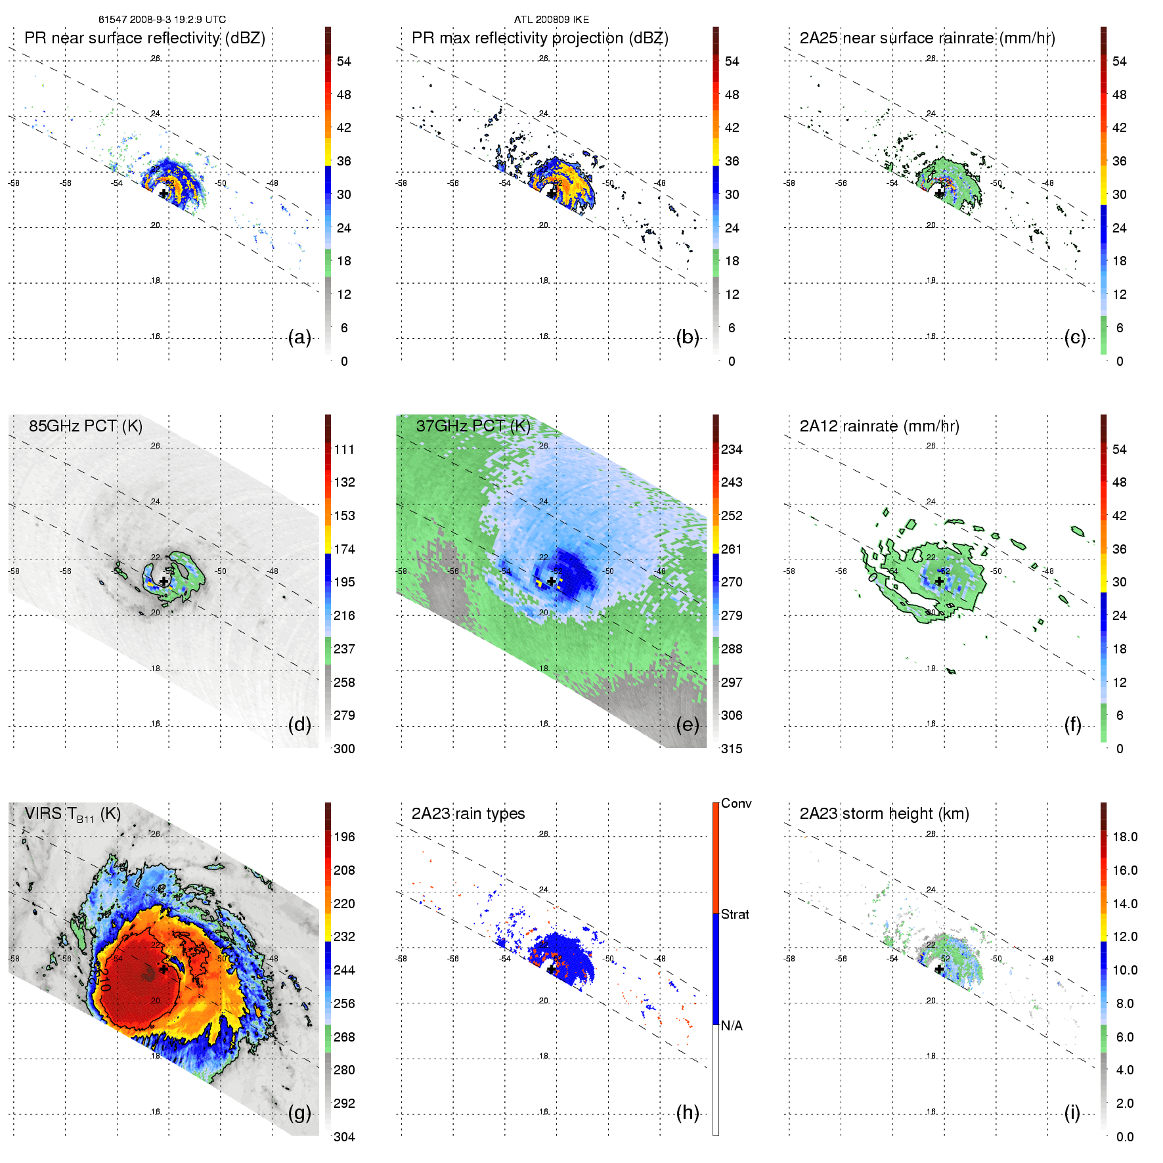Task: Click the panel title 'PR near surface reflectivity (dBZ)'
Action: (144, 38)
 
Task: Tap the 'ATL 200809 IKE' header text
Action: (552, 20)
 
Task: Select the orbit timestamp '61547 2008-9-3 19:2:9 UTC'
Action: (162, 20)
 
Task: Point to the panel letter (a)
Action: (299, 338)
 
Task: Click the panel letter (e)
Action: (688, 725)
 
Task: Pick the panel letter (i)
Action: (1072, 1113)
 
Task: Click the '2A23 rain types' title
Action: (468, 814)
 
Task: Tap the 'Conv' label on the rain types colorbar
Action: (736, 804)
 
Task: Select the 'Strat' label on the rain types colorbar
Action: (735, 915)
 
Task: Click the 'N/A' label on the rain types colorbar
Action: (732, 1026)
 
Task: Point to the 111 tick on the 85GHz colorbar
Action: (344, 450)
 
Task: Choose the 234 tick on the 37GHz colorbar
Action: (732, 450)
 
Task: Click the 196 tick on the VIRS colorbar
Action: (344, 837)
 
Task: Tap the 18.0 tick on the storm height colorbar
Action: (1125, 837)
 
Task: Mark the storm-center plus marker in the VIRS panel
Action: (164, 969)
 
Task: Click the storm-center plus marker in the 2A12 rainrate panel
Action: (939, 582)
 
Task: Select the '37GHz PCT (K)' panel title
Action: (473, 426)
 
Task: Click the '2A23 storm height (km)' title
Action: (884, 814)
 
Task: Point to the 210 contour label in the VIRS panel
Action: (104, 978)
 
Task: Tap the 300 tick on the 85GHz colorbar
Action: (344, 749)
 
